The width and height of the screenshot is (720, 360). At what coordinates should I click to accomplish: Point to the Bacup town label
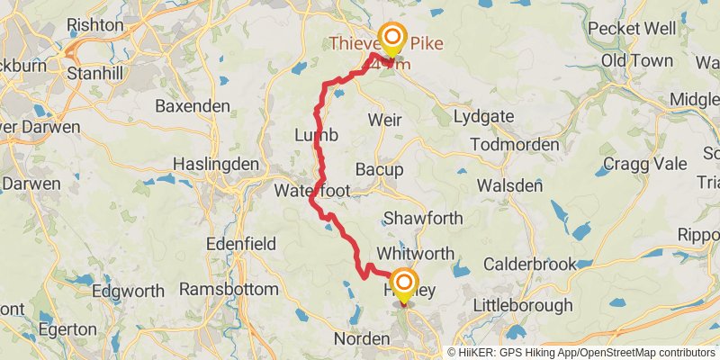[380, 169]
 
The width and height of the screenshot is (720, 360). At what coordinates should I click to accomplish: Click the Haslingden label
[216, 165]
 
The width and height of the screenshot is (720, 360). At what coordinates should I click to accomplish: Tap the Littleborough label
[528, 305]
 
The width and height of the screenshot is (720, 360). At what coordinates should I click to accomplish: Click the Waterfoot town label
[312, 191]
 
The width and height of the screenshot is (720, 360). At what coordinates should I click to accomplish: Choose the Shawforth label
[423, 218]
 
